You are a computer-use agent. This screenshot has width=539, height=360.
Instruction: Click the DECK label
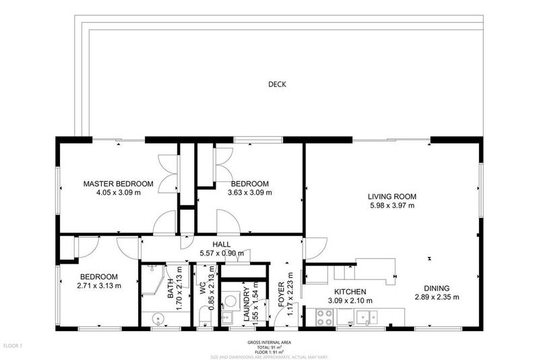tap(277, 84)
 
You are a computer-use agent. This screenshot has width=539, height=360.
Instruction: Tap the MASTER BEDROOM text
tap(118, 183)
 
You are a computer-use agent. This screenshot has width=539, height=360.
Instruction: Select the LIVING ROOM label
tap(391, 197)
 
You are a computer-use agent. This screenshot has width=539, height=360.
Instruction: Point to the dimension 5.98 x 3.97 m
tap(391, 206)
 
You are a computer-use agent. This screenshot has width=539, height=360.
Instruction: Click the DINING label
tap(436, 287)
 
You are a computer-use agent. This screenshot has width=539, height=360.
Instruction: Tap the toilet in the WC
tap(204, 318)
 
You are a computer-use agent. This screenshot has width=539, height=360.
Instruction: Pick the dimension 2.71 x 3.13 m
tap(99, 285)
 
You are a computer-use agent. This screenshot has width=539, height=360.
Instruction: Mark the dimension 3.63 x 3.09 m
tap(249, 192)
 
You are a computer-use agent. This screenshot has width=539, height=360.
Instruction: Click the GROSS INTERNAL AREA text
tap(269, 342)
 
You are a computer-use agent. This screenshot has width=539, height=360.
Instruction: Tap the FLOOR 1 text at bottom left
tap(12, 346)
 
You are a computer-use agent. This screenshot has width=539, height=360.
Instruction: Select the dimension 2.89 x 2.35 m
tap(436, 297)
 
